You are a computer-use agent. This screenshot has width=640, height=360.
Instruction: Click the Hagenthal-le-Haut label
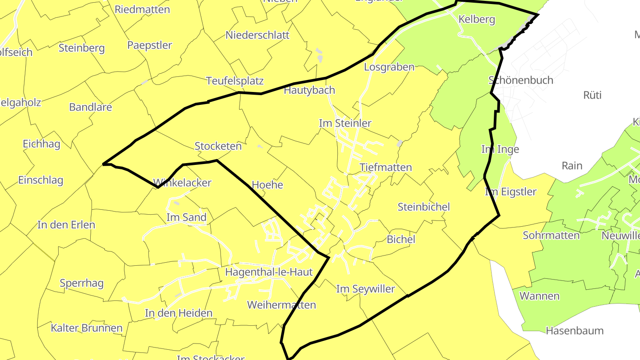click(x=269, y=272)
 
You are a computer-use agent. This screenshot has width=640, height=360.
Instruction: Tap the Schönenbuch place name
click(x=520, y=80)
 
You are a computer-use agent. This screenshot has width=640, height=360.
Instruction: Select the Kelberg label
click(x=476, y=20)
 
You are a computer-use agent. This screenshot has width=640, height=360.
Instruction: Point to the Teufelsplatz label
click(x=235, y=81)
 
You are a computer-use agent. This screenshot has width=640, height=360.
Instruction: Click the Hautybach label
click(x=309, y=90)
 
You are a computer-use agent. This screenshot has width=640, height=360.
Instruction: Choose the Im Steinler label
click(x=345, y=123)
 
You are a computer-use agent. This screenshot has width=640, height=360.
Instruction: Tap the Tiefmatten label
click(x=385, y=168)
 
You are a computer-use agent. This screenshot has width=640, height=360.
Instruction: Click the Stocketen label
click(x=218, y=146)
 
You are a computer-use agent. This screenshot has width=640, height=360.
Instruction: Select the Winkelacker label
click(x=182, y=183)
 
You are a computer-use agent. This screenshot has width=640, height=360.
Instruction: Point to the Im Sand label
click(x=186, y=217)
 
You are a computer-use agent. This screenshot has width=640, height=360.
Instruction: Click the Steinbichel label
click(x=424, y=207)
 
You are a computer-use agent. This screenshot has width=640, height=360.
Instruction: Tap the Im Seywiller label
click(x=365, y=289)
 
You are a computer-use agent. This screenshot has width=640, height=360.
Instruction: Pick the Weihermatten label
click(x=281, y=305)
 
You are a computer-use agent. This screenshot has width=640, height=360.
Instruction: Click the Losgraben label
click(x=389, y=67)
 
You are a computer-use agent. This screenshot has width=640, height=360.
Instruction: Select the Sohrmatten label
click(x=551, y=236)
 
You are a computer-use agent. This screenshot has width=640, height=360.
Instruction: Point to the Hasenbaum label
click(x=574, y=331)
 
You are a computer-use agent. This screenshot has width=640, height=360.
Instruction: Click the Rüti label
click(x=592, y=95)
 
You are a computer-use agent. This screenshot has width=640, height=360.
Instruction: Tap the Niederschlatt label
click(x=257, y=35)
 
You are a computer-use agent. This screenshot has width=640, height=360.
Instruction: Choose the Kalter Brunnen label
click(x=86, y=328)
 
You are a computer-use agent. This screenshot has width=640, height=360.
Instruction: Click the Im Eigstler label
click(x=511, y=192)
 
